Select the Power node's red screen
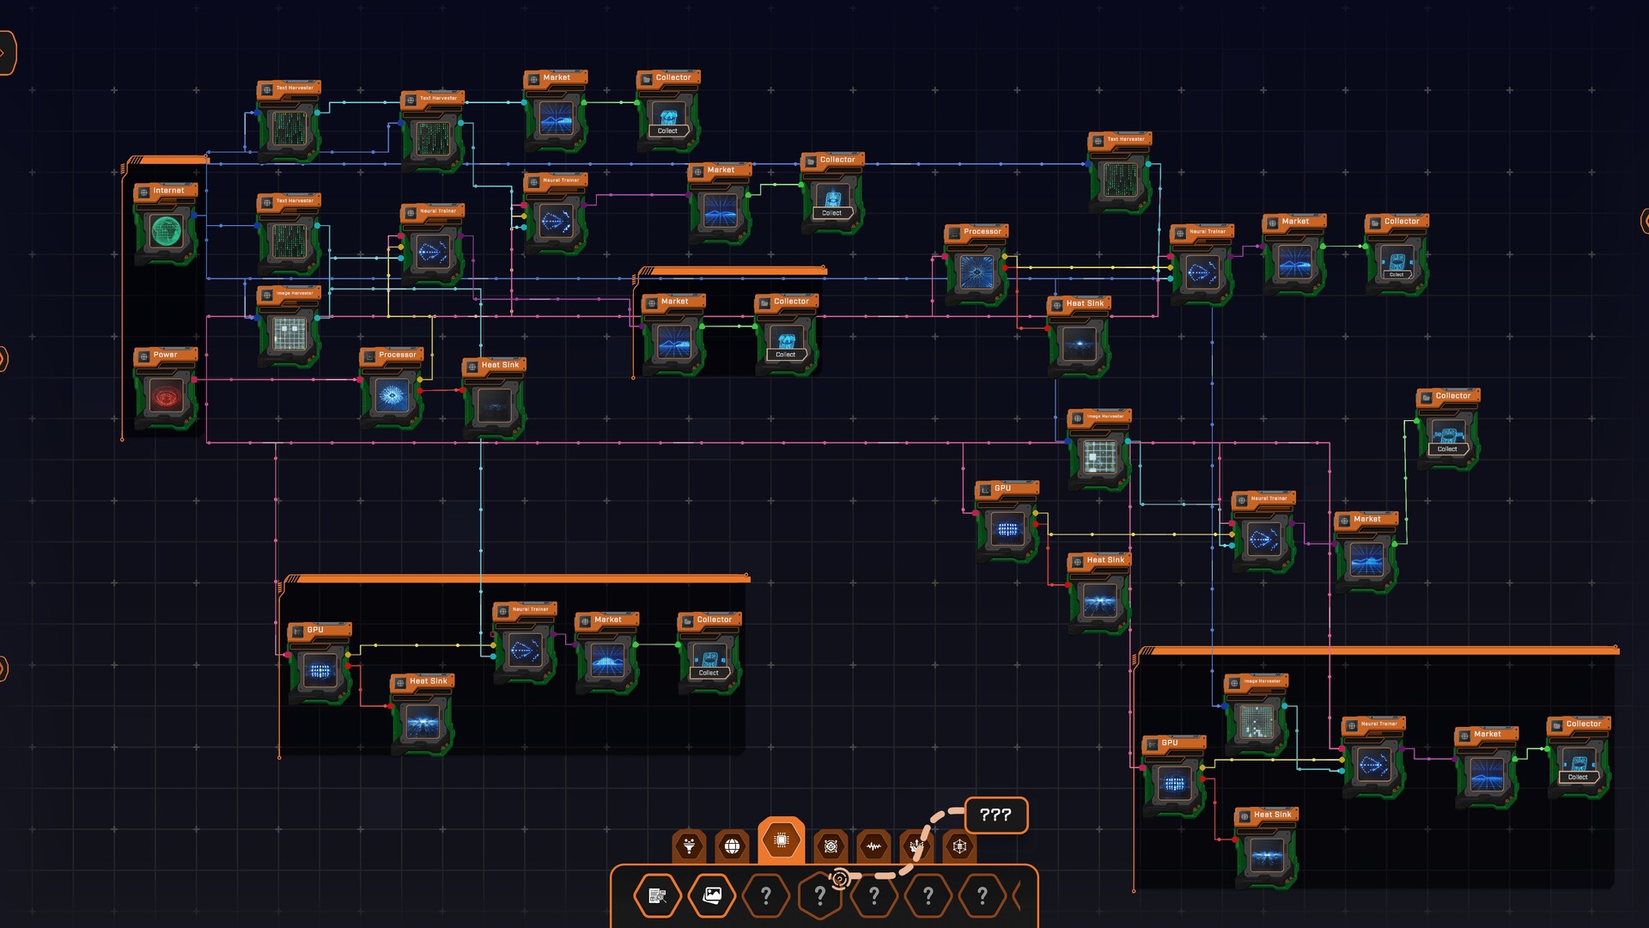166,397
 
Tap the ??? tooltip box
995,815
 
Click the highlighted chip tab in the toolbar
781,840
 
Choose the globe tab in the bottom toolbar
732,846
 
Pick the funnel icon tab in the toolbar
689,846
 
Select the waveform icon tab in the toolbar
873,846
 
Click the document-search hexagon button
658,896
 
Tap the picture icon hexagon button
712,896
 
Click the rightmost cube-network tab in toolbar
959,846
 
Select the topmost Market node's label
557,78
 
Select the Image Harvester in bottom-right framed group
1256,717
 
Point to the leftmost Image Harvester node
289,331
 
